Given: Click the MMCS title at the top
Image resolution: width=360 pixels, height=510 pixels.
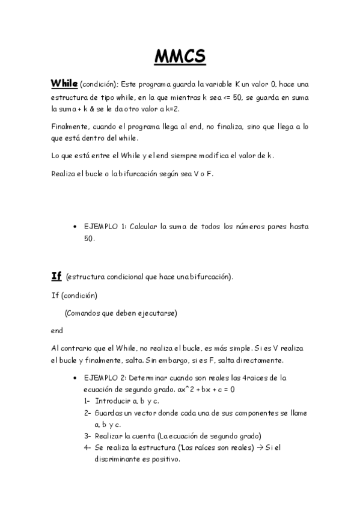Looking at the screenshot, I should click(x=180, y=57).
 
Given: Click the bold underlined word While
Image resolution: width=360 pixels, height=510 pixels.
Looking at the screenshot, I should click(x=64, y=83).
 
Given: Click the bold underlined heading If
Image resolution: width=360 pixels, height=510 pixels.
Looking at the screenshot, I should click(x=56, y=276).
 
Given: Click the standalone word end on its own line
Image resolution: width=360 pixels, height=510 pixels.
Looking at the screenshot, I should click(x=56, y=330).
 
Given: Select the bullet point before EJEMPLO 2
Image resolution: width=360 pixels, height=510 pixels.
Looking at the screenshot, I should click(x=75, y=378).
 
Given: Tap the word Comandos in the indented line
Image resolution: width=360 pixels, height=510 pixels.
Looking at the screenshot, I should click(x=85, y=313).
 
